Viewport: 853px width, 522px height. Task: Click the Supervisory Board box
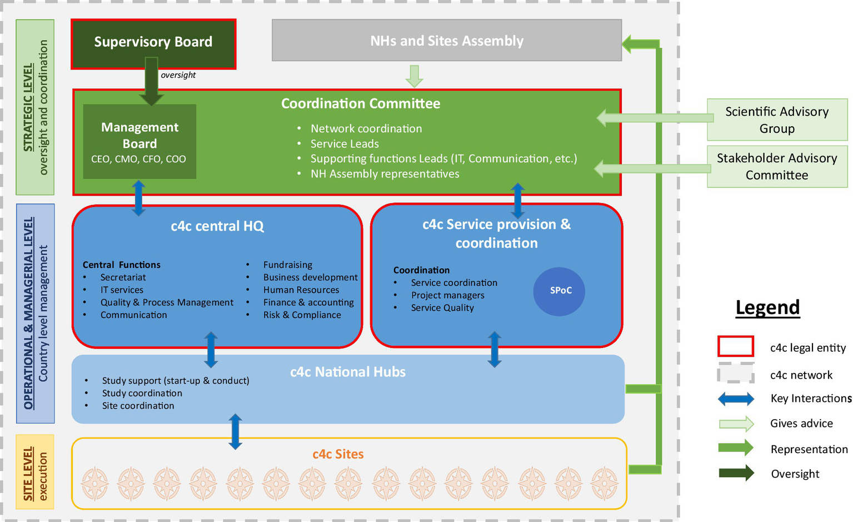pos(153,43)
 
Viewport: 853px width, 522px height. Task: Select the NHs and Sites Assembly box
pos(446,41)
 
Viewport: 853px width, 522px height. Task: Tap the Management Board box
pos(139,142)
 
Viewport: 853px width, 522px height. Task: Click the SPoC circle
pos(559,291)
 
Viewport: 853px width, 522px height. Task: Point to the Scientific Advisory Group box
pos(776,120)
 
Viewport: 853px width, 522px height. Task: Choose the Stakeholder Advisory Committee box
pos(776,166)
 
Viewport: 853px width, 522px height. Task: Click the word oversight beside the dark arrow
pos(178,75)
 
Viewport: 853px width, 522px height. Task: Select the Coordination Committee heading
pos(360,104)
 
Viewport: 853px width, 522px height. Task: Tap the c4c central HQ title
pos(217,226)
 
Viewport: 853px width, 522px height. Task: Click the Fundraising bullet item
pos(287,265)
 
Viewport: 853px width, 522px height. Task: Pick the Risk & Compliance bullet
pos(302,315)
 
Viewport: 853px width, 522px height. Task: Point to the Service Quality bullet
pos(442,307)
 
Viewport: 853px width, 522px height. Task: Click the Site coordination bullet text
pos(138,406)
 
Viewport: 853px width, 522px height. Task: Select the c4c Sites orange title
pos(338,454)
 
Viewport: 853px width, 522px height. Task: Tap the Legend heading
pos(767,307)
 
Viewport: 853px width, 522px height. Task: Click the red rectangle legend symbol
pos(735,346)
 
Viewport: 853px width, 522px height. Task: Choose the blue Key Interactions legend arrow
pos(736,399)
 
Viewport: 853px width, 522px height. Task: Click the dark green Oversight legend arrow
pos(736,474)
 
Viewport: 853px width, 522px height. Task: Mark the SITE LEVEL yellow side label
pos(35,472)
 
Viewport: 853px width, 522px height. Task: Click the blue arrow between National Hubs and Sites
pos(235,431)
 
